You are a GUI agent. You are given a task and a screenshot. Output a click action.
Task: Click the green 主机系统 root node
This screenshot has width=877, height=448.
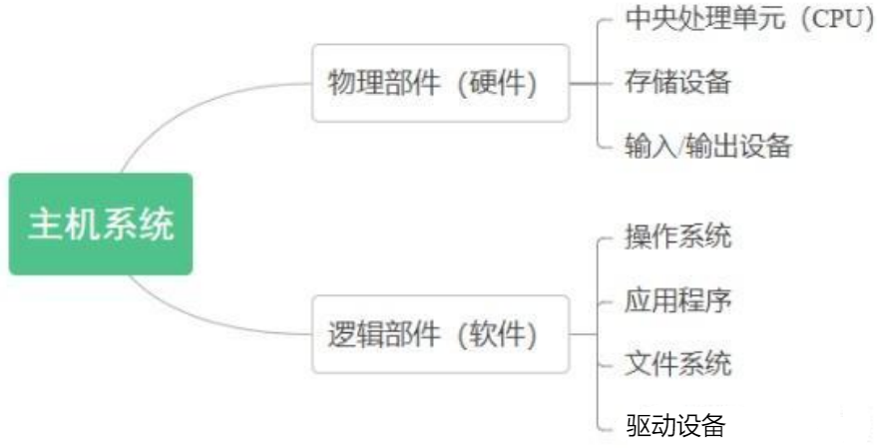coord(100,224)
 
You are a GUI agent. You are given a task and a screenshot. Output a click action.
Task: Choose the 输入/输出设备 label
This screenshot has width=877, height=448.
coord(708,146)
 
